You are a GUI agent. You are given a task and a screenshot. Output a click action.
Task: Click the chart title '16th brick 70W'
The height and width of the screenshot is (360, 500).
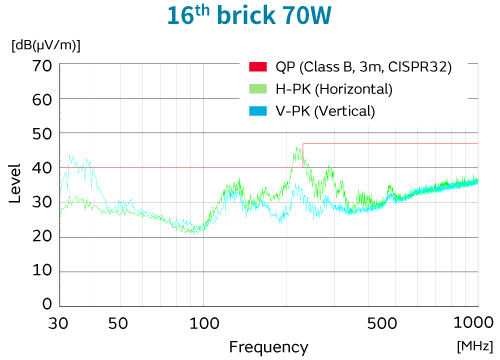point(249,17)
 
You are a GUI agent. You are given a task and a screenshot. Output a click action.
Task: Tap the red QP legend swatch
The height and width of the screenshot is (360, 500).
point(257,67)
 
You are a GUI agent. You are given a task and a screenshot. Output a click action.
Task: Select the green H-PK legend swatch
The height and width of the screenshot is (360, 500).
point(257,89)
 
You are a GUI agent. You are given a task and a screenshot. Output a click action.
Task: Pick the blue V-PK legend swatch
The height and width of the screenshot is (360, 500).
point(257,111)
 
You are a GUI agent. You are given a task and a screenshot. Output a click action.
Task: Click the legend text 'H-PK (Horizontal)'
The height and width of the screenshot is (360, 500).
point(334,89)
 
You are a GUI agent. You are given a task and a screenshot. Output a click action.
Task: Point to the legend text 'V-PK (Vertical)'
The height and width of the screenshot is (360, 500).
point(325,111)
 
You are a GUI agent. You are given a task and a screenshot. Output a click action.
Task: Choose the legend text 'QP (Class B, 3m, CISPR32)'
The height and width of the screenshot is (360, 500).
point(364,67)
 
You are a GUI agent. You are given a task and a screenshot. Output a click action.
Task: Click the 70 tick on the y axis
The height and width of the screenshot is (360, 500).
point(41,66)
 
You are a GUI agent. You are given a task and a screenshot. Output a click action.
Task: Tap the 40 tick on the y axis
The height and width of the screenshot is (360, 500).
point(41,168)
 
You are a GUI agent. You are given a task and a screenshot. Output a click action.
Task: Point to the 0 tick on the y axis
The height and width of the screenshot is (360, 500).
point(46,304)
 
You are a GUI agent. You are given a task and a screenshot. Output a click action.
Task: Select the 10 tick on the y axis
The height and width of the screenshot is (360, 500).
point(41,271)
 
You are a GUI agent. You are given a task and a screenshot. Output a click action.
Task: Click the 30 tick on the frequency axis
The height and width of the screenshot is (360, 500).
point(59,323)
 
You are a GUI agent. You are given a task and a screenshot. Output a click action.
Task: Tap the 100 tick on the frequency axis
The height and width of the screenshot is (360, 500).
point(205,323)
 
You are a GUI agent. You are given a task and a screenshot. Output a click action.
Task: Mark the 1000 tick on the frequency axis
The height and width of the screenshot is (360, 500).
point(470,323)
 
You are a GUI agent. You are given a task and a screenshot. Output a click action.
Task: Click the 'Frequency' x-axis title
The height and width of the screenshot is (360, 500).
point(268,346)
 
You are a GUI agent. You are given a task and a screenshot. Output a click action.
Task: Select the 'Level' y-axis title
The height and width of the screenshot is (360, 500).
point(15,185)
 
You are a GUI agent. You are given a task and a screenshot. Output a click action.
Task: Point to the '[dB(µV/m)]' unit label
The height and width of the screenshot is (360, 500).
point(46,45)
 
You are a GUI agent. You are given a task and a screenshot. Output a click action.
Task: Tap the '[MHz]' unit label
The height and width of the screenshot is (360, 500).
point(474,345)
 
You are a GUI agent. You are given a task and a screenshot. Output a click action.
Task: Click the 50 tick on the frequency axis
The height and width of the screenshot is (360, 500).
point(118,323)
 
